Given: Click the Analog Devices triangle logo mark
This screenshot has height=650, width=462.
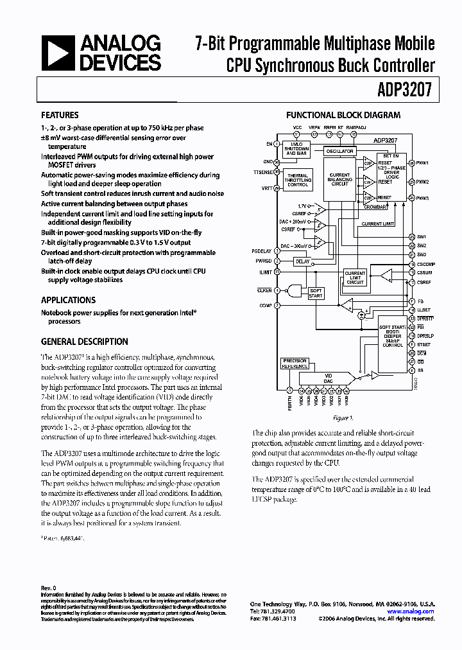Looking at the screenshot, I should tap(58, 53).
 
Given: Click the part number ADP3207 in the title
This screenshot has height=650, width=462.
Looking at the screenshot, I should tap(409, 90).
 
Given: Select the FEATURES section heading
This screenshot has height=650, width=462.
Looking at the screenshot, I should tap(60, 115).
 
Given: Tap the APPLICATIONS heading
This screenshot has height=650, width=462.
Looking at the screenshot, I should tap(68, 300).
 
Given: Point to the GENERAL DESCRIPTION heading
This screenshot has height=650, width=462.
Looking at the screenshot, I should tap(84, 342).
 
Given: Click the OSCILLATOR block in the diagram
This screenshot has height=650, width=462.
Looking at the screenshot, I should tap(339, 152).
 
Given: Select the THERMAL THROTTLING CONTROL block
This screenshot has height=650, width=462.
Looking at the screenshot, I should tap(297, 180).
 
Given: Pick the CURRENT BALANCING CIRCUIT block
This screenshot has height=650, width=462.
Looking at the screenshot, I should tap(339, 179).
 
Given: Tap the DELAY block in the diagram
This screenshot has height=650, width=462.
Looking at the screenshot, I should tap(302, 261).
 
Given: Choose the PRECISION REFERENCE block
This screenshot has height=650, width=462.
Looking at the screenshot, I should tap(295, 364).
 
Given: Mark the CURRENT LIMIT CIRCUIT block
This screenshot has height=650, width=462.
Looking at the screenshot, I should tap(355, 277).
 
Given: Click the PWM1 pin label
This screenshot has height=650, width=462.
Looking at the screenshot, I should tap(422, 163).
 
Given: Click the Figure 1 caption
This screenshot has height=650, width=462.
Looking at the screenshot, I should tap(342, 418).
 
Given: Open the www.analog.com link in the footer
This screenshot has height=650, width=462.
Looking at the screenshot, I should tap(420, 611).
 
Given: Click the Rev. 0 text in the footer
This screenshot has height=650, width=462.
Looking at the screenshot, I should tap(49, 588).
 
